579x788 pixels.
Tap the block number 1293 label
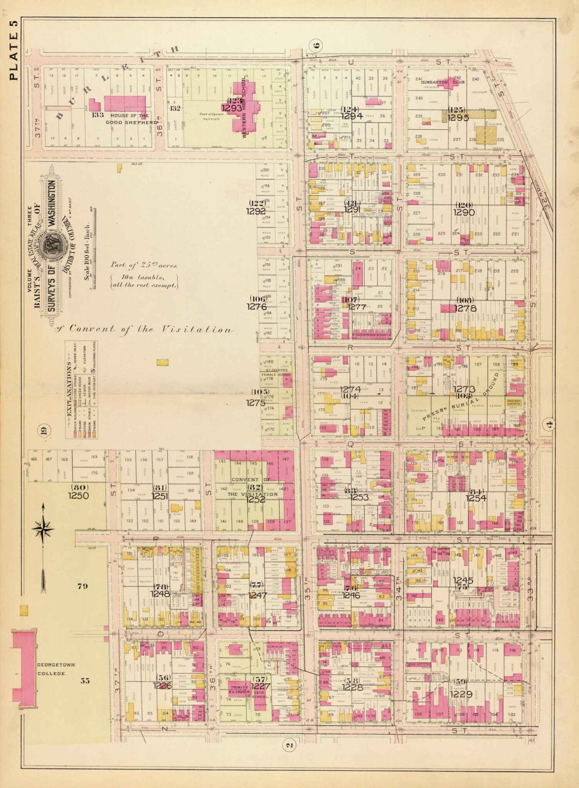pos(231,108)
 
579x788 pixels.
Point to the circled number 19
pos(43,430)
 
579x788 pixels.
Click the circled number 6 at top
pos(316,45)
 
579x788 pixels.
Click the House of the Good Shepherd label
pos(129,119)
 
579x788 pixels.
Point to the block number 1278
pos(465,308)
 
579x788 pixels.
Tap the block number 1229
pos(461,695)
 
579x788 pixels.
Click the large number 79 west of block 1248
pos(83,586)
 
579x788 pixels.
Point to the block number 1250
pos(78,496)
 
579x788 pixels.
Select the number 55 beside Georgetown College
pos(85,680)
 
